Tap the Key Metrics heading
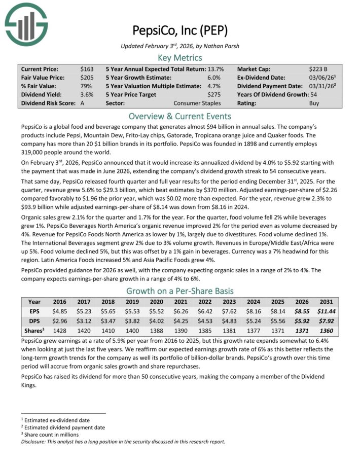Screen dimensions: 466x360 pos(180,57)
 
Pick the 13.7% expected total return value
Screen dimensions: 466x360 pos(213,68)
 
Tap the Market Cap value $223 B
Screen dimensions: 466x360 pos(318,68)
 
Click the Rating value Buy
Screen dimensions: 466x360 pos(314,103)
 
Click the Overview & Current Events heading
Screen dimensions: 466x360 pos(180,115)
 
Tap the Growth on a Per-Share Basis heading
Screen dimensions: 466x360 pos(180,291)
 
